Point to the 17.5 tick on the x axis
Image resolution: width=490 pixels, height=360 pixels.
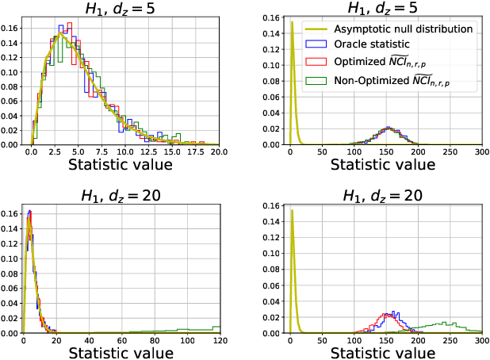tap(197, 151)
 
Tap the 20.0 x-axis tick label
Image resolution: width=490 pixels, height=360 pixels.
tap(220, 151)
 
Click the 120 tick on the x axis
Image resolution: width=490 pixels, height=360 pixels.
tap(220, 340)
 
